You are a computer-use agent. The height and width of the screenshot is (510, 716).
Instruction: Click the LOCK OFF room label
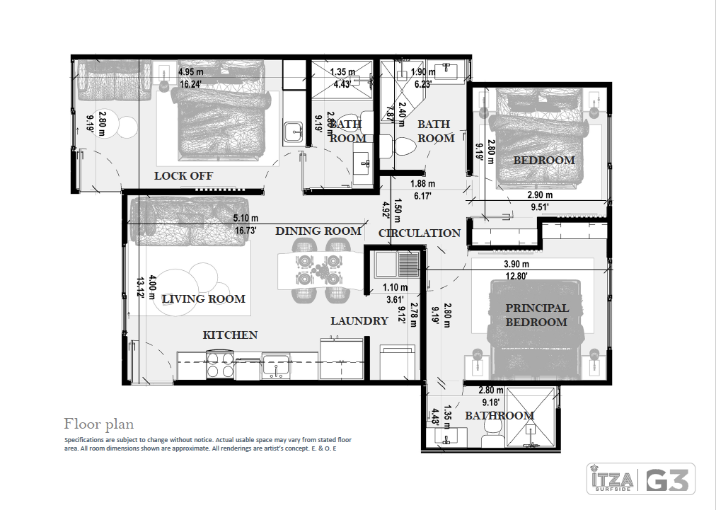coord(183,175)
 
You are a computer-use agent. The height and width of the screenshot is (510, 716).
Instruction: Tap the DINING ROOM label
coord(318,231)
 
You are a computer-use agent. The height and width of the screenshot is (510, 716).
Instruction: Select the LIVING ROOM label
coord(203,299)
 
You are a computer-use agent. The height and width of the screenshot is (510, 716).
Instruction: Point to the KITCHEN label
coord(230,335)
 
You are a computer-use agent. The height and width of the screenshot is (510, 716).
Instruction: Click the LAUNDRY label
coord(359,321)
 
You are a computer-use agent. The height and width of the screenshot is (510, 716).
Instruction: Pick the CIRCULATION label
coord(420,233)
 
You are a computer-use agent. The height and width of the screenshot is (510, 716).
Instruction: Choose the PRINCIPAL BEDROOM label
coord(536,315)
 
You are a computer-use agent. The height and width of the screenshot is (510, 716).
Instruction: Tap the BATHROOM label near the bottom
coord(499,415)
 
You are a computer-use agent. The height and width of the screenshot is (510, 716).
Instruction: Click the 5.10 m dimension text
coord(246,219)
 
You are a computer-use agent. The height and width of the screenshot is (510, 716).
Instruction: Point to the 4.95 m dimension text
coord(191,72)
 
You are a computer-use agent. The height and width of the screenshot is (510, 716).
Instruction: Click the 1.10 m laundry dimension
coord(395,288)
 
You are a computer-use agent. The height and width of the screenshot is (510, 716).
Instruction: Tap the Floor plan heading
coord(98,424)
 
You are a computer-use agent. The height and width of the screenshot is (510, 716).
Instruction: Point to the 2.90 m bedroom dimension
coord(539,195)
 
